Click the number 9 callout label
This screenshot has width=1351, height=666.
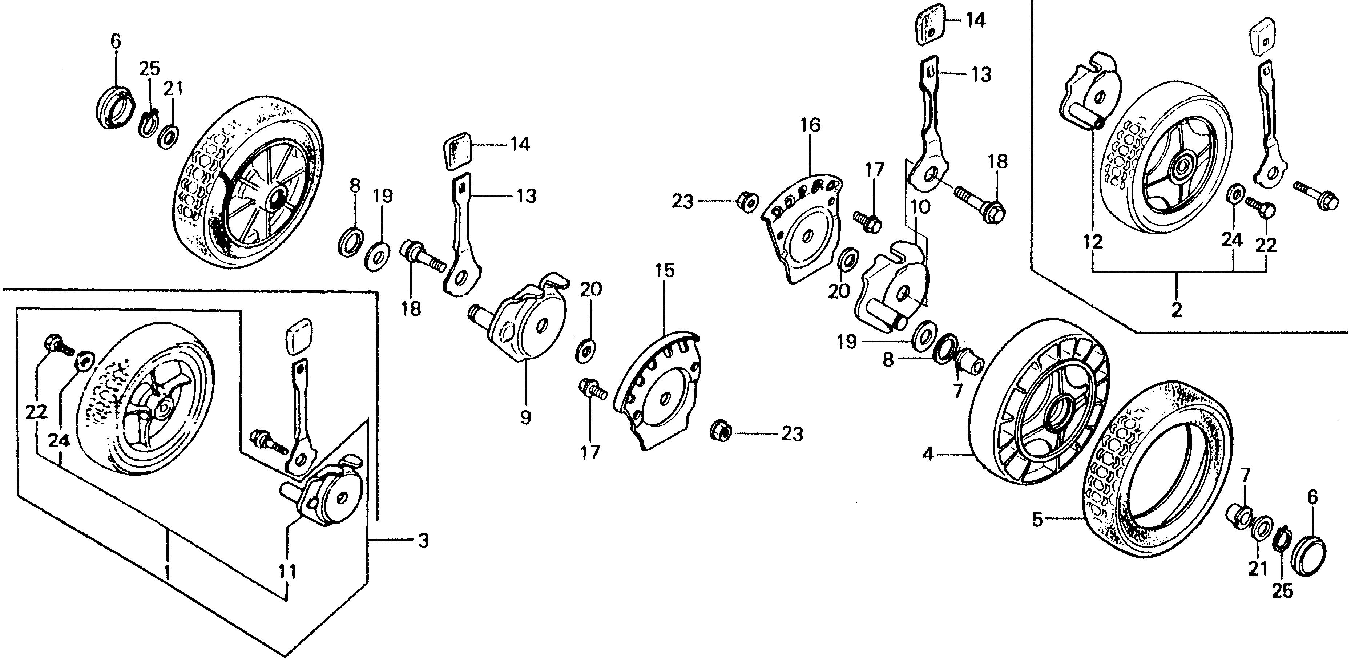point(525,417)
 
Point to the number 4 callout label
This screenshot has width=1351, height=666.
point(928,454)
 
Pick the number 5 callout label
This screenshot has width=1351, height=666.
point(1037,520)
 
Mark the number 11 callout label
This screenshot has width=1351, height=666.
point(287,571)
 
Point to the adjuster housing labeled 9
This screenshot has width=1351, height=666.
point(530,325)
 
